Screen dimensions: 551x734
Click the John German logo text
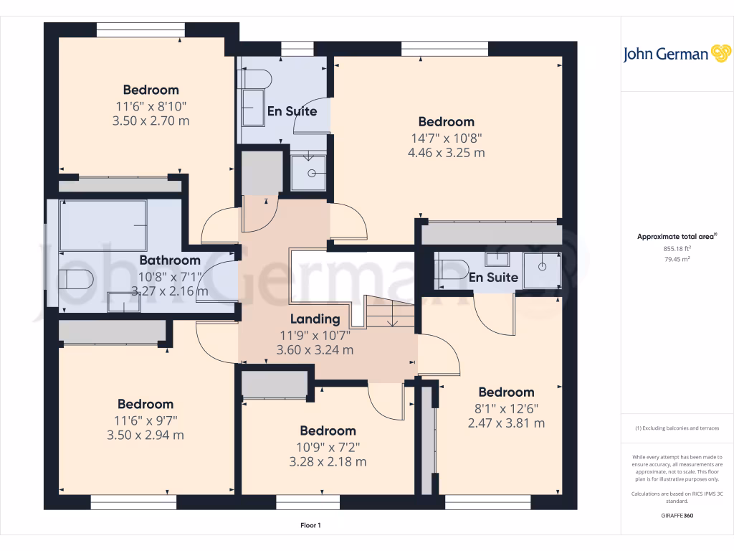[666, 55]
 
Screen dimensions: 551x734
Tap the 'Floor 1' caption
[310, 526]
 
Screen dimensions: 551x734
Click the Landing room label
[315, 319]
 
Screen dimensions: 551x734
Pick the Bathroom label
[169, 260]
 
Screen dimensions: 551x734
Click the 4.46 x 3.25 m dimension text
[446, 153]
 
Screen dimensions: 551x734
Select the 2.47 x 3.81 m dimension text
[506, 423]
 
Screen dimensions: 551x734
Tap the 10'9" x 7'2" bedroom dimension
[328, 446]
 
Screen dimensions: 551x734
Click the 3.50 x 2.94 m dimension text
[146, 435]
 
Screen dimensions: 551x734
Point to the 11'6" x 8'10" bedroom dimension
[151, 105]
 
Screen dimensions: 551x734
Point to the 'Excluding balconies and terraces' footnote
[677, 428]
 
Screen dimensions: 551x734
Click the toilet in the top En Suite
[256, 79]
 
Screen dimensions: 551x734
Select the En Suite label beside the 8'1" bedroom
[493, 277]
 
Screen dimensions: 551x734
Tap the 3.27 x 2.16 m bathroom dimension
[169, 291]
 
